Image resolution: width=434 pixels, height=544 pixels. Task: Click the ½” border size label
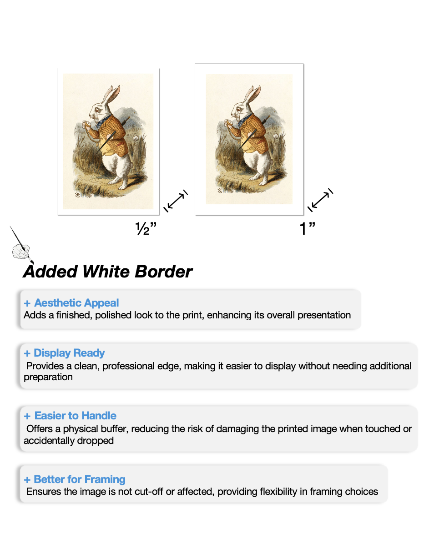[146, 229]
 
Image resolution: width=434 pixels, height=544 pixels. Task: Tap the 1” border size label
[308, 229]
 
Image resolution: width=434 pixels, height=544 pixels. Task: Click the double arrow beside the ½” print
[176, 201]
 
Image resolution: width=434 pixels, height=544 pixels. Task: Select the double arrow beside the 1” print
[320, 200]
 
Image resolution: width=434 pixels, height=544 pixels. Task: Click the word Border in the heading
[163, 272]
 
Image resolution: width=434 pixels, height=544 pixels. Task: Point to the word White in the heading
[106, 272]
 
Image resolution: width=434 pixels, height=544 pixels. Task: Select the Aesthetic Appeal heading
[76, 303]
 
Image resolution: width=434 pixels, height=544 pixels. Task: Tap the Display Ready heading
[69, 353]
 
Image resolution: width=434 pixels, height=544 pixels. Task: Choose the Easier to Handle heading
[75, 416]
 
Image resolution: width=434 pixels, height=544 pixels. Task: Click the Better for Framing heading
[80, 479]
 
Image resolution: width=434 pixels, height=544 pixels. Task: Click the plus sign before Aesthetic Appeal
[27, 303]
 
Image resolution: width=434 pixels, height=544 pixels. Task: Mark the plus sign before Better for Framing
[27, 480]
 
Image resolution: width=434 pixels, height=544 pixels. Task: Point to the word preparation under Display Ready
[48, 377]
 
